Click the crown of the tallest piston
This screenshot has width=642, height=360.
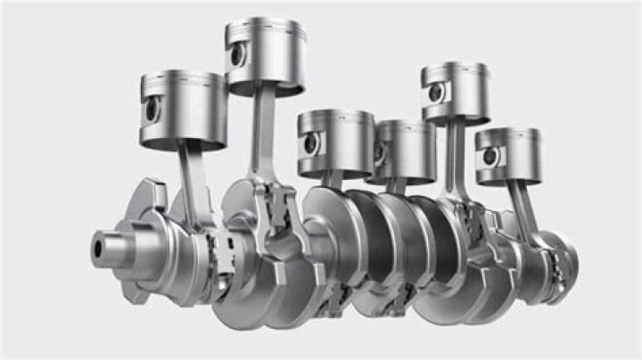tap(267, 24)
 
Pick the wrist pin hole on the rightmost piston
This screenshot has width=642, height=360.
tap(490, 157)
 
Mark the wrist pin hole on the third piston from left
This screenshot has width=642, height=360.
tap(312, 142)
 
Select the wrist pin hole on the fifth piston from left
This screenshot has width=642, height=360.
tap(435, 93)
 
